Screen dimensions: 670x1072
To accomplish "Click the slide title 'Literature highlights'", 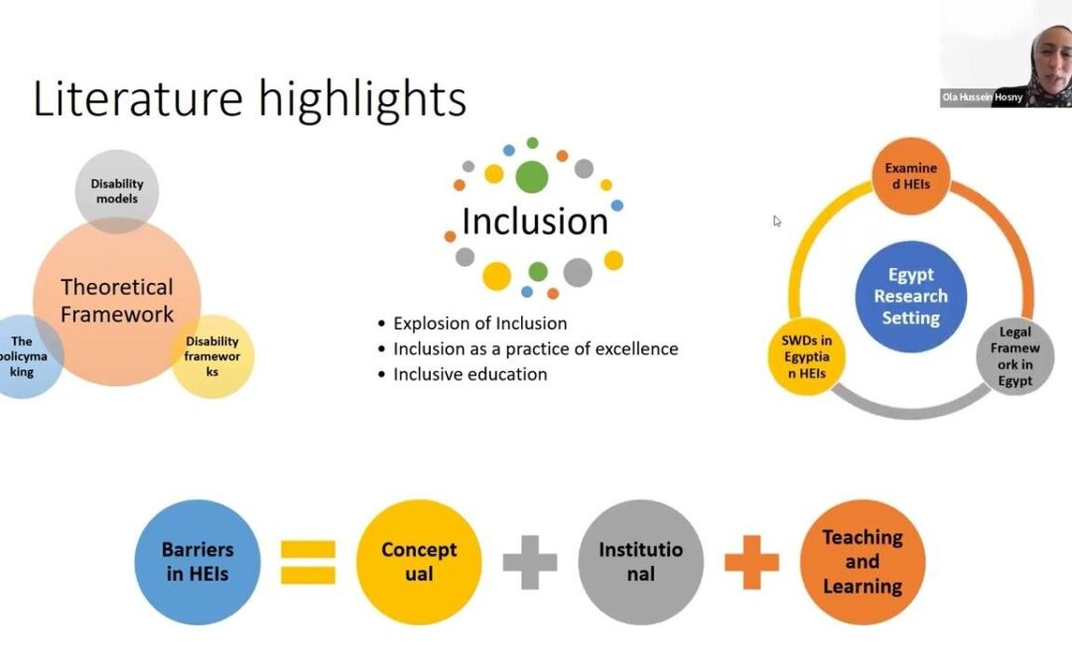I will click(x=249, y=99).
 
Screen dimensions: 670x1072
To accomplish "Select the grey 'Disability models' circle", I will click(x=117, y=189).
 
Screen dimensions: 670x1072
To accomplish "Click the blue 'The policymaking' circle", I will click(x=24, y=356).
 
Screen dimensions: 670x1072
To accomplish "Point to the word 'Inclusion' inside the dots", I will click(x=534, y=221).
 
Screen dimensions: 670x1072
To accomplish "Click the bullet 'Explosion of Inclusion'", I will click(x=479, y=323).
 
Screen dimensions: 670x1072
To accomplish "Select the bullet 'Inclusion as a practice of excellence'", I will click(x=535, y=348).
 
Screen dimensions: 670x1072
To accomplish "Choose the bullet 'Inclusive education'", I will click(x=469, y=374).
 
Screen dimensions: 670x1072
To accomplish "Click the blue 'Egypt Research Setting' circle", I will click(x=910, y=297).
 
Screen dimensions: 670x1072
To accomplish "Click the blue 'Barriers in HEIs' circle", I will click(x=198, y=562).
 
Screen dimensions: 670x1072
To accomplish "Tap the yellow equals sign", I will click(x=308, y=562).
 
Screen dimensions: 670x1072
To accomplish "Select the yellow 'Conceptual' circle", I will click(x=419, y=562).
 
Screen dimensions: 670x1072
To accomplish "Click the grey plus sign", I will click(x=529, y=563).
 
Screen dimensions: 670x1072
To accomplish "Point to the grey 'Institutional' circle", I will click(x=640, y=562).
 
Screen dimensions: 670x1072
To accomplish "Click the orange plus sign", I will click(x=751, y=563).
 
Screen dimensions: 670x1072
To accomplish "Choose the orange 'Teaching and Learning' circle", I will click(x=863, y=562).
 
